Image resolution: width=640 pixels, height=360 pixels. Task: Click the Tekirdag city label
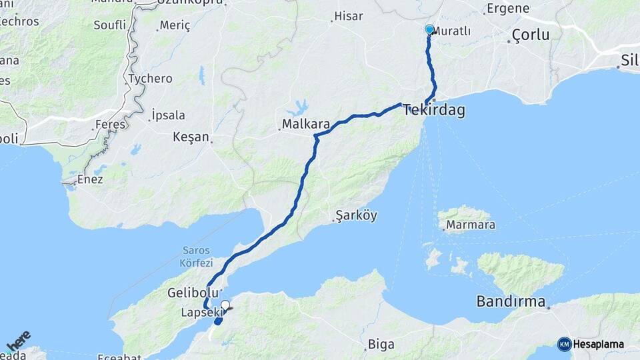coord(434,111)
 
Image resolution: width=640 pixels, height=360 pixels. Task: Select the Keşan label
coord(191,137)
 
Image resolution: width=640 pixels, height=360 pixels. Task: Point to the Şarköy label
coord(357,215)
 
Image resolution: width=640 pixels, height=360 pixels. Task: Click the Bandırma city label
coord(512,301)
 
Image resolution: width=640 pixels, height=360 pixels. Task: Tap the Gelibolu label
coord(193,293)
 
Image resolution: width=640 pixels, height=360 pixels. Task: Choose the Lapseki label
coord(200,312)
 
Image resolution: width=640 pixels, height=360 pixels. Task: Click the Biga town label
coord(381,345)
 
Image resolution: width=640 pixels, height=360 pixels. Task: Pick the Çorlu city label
coord(531,35)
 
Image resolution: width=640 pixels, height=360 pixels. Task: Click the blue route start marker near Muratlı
coord(429,29)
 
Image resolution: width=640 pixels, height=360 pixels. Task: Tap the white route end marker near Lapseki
coord(225,305)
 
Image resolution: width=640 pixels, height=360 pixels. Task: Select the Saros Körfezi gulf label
coord(197,257)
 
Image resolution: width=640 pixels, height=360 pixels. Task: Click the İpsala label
coord(168,115)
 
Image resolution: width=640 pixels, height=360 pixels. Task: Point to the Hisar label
coord(348,16)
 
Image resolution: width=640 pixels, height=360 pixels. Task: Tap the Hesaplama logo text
coord(598,344)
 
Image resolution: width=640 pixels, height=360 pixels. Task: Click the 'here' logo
coord(18,341)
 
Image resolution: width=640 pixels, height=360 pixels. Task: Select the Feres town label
coord(110,124)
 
